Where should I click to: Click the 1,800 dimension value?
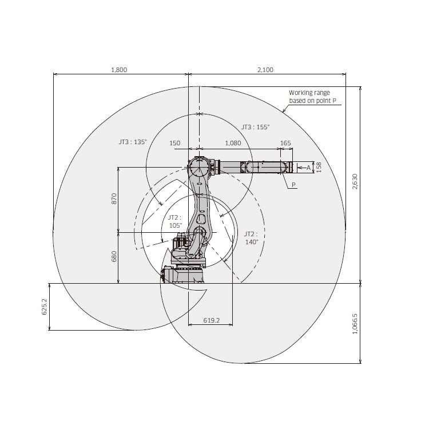click(119, 70)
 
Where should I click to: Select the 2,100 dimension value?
click(265, 70)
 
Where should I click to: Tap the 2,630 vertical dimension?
click(355, 181)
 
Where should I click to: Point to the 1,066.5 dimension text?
click(355, 324)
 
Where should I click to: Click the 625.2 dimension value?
click(44, 307)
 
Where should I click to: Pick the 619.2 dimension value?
click(212, 320)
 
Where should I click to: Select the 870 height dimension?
click(114, 198)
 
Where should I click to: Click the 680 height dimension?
click(114, 256)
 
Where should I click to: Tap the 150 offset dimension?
click(175, 143)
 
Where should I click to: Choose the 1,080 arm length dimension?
click(233, 143)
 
